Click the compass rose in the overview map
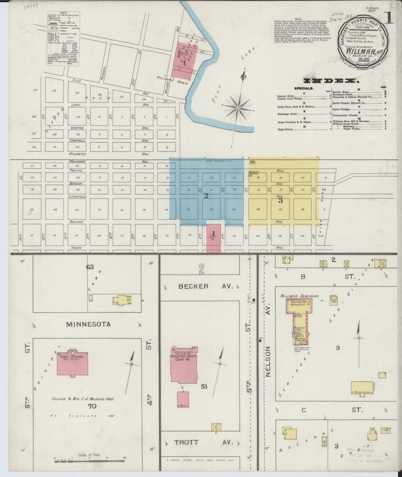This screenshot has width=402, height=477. coord(238,107)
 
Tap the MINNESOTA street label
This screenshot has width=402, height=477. coord(88,324)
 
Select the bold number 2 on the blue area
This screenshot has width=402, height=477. coord(206,196)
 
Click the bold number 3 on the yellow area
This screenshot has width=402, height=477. coord(280,200)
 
